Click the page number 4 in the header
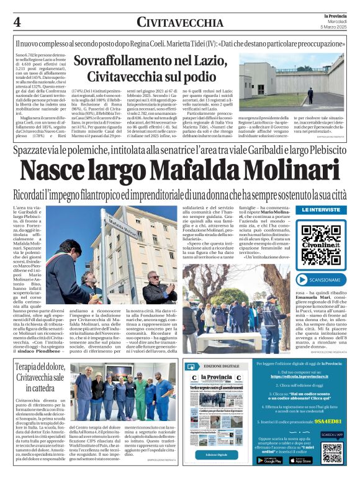coord(17,22)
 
